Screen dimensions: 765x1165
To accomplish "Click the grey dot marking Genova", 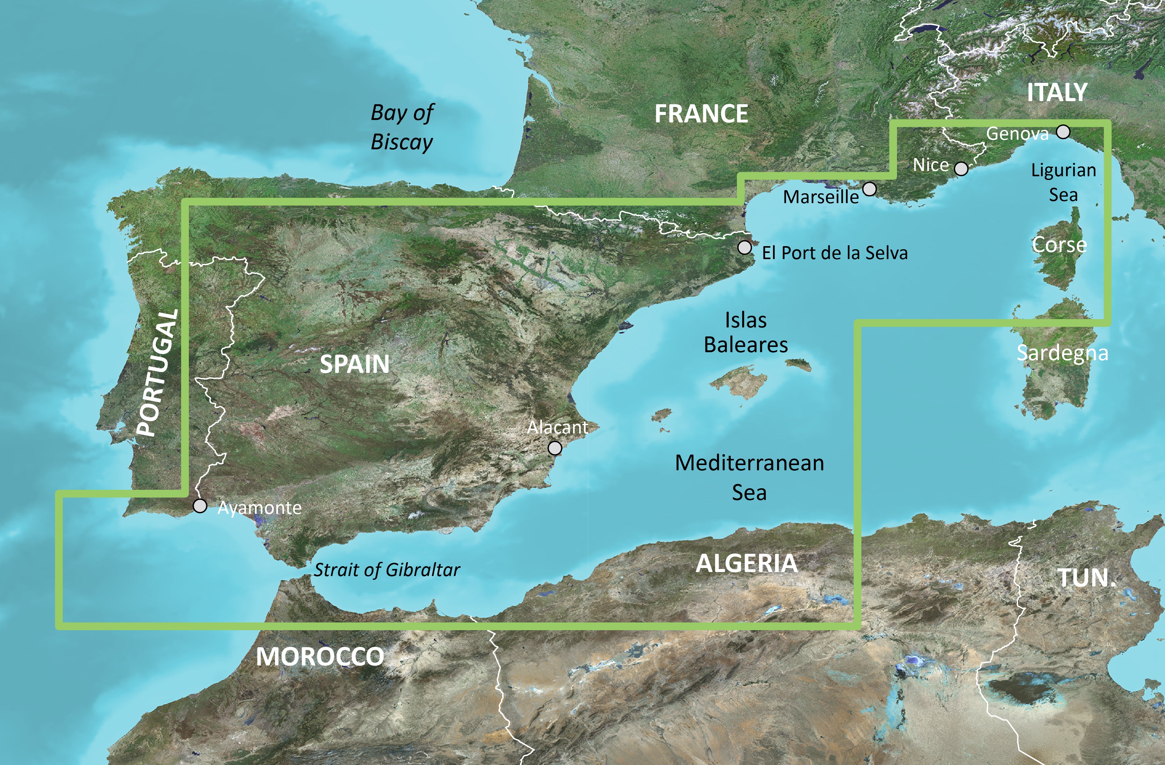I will click(x=1063, y=132).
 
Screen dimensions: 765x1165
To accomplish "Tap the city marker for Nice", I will click(x=961, y=169).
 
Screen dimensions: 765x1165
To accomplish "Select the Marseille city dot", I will click(x=869, y=189).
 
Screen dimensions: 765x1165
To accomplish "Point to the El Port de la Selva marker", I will click(x=745, y=248).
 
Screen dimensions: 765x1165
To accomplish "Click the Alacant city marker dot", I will click(x=555, y=448).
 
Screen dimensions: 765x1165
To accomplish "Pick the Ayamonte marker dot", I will click(x=200, y=506).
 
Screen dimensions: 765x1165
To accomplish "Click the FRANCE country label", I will click(x=701, y=114).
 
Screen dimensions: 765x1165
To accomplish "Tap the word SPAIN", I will click(x=355, y=364).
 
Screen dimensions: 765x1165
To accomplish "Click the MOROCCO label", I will click(x=320, y=657).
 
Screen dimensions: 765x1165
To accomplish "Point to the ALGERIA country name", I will click(x=746, y=564).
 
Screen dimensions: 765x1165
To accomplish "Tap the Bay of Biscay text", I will click(x=402, y=127).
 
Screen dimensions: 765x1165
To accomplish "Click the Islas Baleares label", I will click(x=746, y=332).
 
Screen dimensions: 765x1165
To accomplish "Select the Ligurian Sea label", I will click(x=1063, y=182).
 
